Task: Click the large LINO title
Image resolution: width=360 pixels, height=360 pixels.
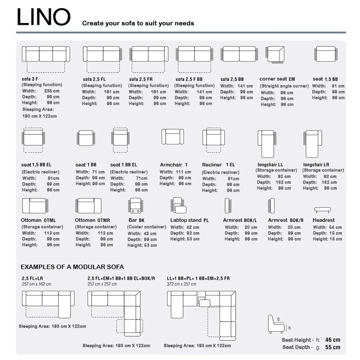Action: click(44, 18)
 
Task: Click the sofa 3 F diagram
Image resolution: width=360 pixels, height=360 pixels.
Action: click(46, 54)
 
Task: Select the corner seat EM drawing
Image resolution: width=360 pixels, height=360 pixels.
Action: click(275, 55)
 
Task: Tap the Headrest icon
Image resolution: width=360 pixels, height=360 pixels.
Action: click(322, 209)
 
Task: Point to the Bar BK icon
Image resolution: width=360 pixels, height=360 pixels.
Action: click(136, 205)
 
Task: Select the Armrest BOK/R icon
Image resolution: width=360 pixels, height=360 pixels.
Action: click(271, 206)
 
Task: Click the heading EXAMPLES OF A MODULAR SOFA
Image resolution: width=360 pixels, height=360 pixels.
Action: click(72, 267)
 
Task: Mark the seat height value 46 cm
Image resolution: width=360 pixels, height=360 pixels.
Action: click(333, 340)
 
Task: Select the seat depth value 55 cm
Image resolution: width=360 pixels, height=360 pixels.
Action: click(333, 347)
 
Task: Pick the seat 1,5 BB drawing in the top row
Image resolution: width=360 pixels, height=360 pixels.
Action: click(326, 54)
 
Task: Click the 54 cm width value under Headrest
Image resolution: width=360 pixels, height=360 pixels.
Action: click(336, 227)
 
